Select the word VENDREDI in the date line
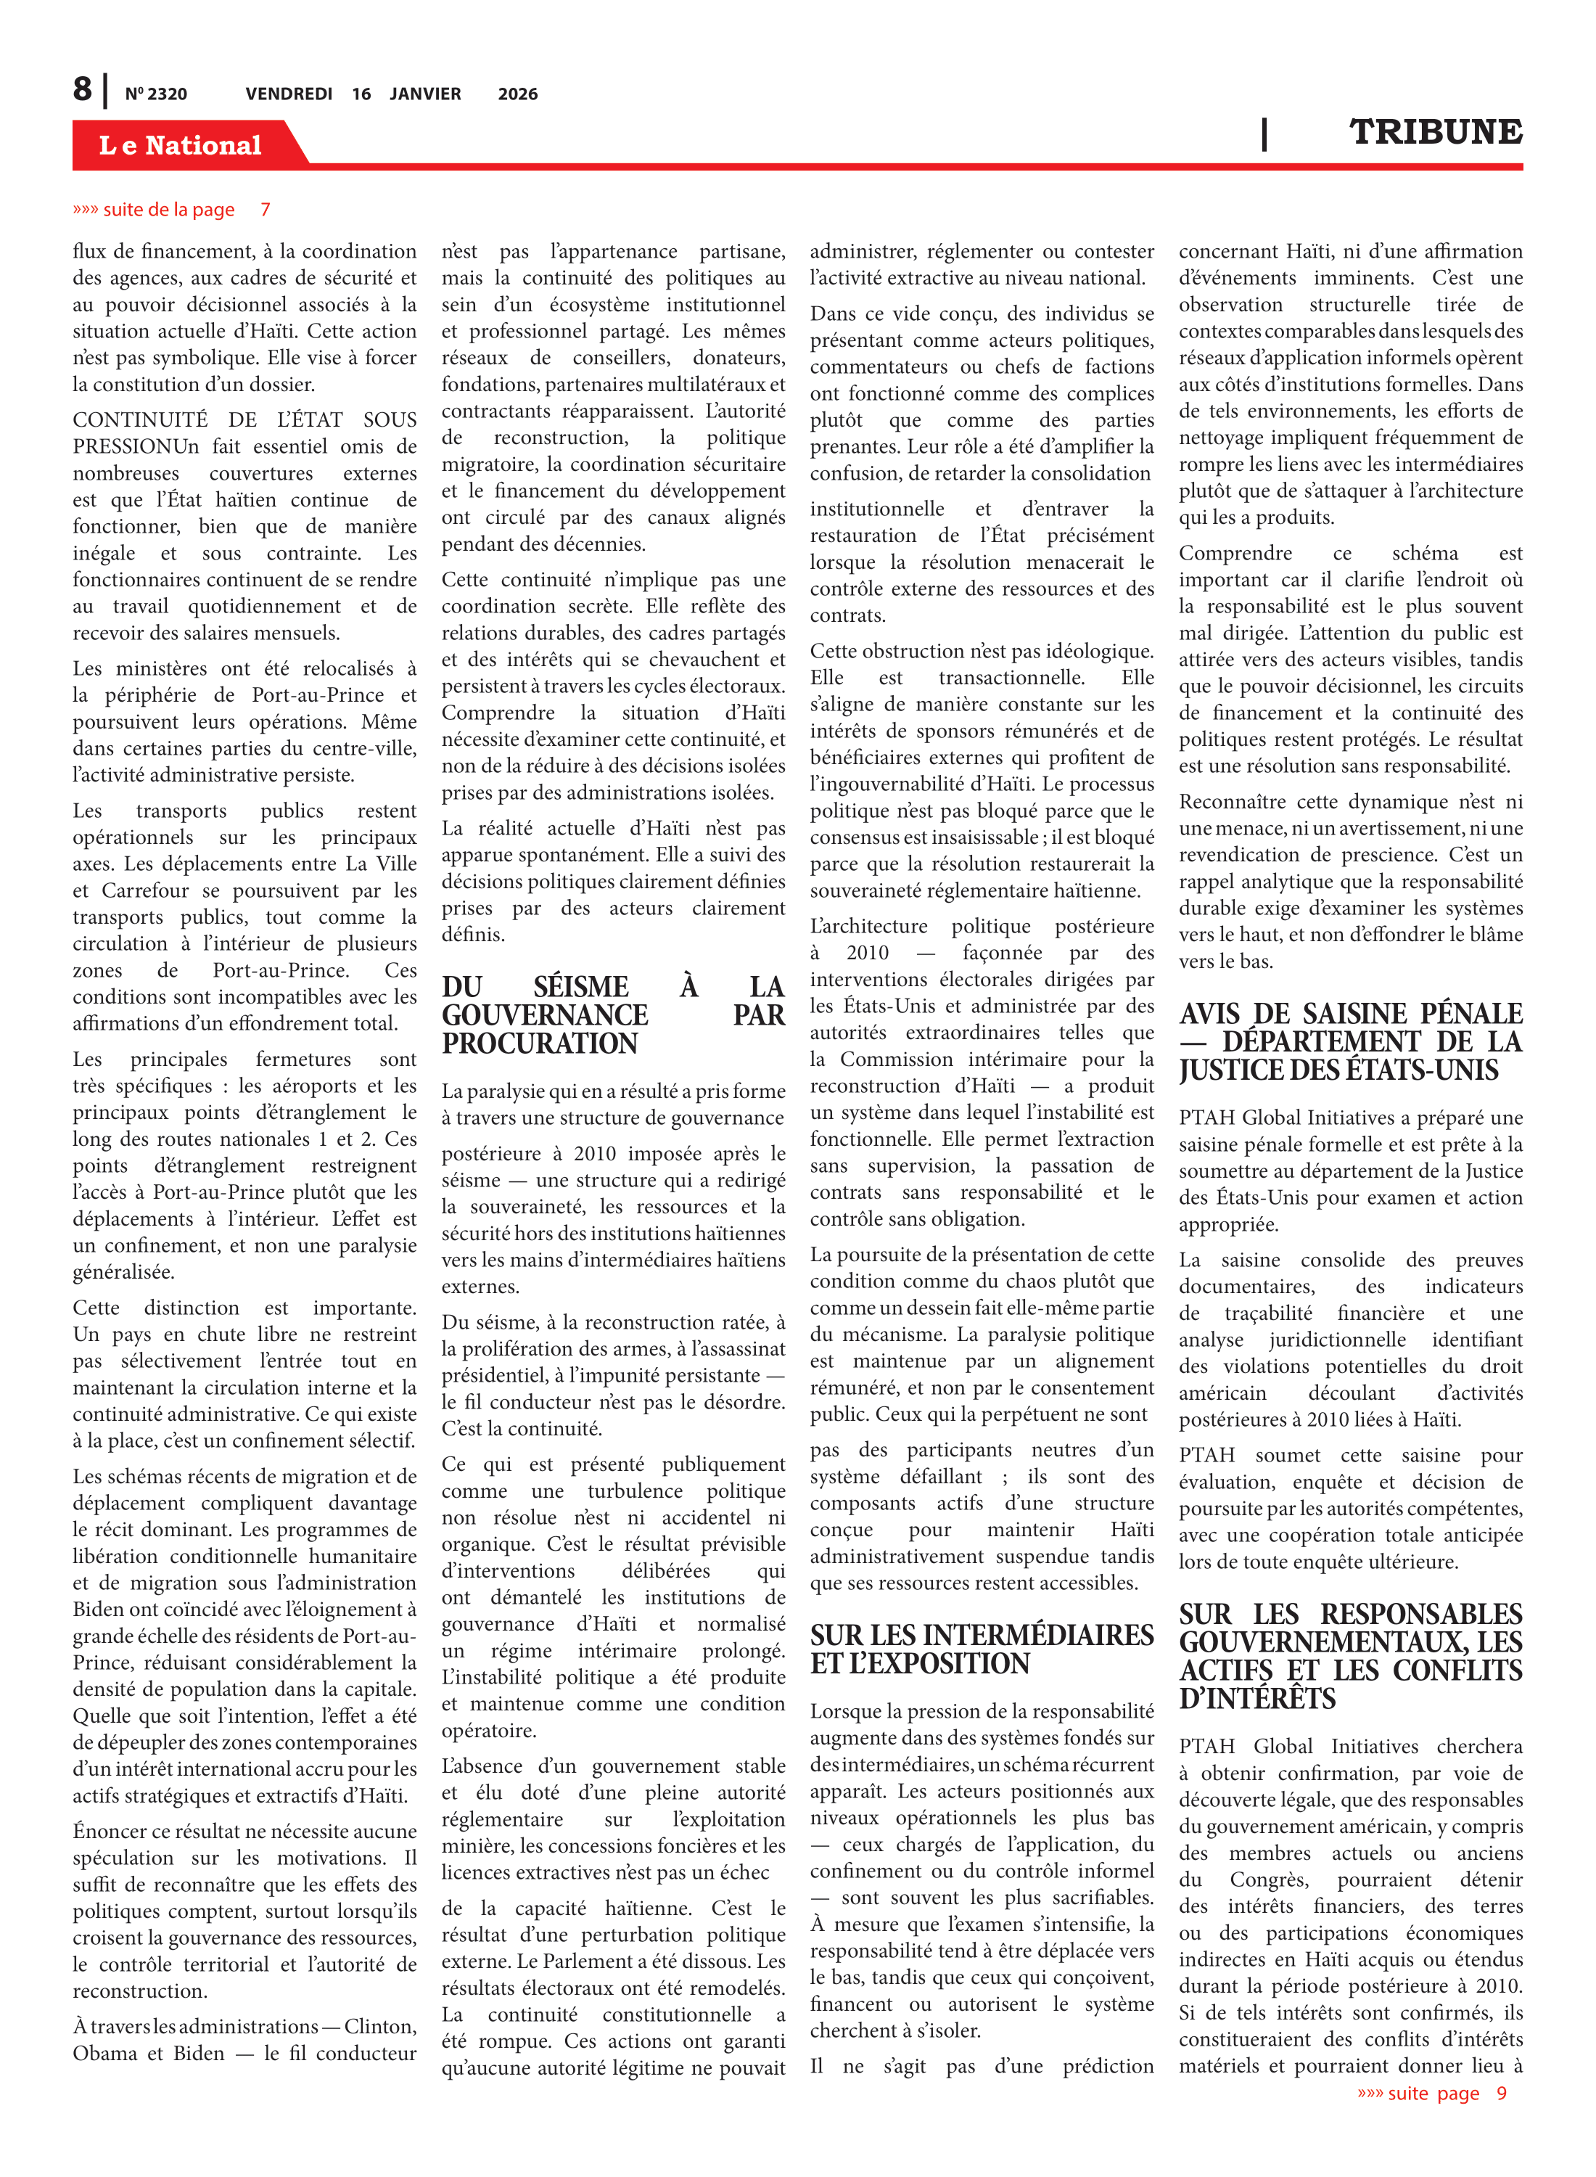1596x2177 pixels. [x=288, y=94]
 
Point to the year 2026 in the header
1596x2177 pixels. [x=518, y=94]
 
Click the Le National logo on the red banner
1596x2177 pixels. [x=180, y=145]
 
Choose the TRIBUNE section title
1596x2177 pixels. [x=1435, y=131]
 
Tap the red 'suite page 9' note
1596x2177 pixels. [x=1432, y=2093]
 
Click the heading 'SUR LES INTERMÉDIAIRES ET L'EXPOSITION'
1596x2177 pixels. [x=982, y=1649]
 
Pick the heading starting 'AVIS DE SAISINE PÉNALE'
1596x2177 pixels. [x=1349, y=1041]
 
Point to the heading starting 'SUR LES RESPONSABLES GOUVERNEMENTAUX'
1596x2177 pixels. [x=1349, y=1656]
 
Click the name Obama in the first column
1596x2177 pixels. [x=103, y=2054]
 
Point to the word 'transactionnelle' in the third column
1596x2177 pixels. [x=1011, y=677]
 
